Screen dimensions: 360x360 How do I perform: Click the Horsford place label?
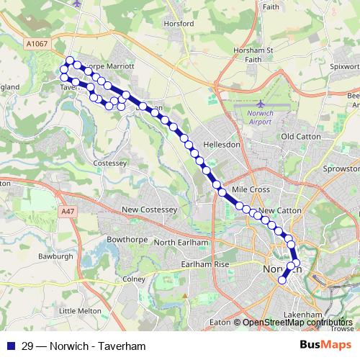pyautogui.click(x=179, y=24)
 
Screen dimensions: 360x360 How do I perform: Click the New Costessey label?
pyautogui.click(x=149, y=210)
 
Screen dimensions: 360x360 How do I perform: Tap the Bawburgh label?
pyautogui.click(x=57, y=256)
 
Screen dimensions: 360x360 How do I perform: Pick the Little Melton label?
pyautogui.click(x=77, y=310)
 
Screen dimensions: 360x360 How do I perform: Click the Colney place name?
pyautogui.click(x=135, y=279)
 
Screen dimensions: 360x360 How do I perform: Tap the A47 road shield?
pyautogui.click(x=68, y=211)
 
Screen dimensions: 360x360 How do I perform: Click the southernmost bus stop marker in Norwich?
pyautogui.click(x=282, y=281)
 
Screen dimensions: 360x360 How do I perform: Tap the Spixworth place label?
pyautogui.click(x=343, y=66)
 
